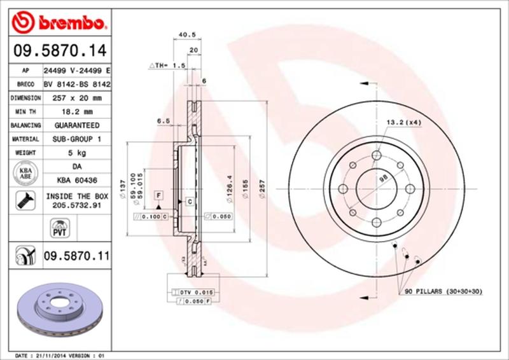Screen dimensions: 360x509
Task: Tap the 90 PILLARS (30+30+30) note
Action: [443, 291]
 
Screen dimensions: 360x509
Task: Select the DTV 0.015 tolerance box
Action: [191, 291]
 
